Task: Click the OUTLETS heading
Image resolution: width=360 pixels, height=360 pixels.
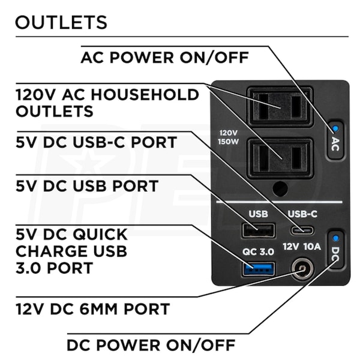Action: (61, 22)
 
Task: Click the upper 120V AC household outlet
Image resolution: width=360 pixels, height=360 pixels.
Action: (280, 106)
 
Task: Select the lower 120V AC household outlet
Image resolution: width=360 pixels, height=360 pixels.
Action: (280, 158)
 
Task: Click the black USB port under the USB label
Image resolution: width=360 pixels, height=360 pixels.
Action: (259, 230)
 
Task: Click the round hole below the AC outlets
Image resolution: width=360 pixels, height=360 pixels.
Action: (280, 189)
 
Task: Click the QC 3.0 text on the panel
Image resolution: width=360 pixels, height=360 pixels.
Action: (259, 251)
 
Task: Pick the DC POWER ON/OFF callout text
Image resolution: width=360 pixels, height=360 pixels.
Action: (151, 345)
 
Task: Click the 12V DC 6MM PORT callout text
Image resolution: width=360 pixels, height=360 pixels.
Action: (92, 310)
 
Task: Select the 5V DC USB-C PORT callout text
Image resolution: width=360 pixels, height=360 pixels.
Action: (96, 143)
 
